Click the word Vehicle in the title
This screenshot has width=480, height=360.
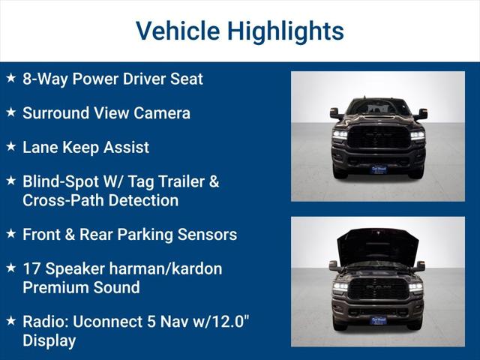(x=178, y=31)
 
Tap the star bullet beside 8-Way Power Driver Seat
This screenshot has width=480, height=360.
(x=10, y=78)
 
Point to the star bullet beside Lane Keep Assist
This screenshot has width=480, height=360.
(x=10, y=147)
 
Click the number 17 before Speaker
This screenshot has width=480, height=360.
(x=31, y=268)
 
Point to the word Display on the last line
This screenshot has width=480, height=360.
(x=49, y=340)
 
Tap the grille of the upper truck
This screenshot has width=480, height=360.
(x=378, y=137)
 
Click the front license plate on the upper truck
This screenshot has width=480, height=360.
(x=378, y=170)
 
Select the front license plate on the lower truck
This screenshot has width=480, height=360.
(x=378, y=320)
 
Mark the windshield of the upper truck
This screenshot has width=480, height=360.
(x=378, y=108)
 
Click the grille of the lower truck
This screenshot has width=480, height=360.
(x=378, y=289)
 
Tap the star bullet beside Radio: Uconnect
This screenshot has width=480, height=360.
(x=10, y=320)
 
